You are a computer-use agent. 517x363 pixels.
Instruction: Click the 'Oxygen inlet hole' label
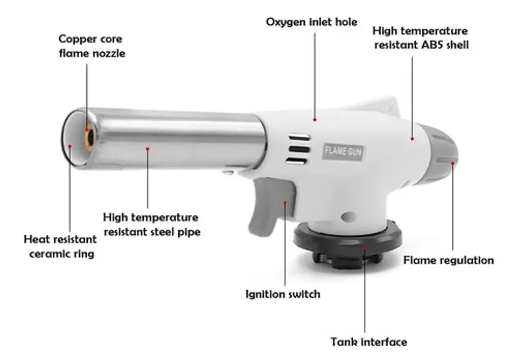(312, 23)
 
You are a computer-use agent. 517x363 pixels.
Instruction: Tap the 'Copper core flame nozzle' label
(92, 46)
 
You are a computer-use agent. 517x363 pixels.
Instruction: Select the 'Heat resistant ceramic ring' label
(60, 246)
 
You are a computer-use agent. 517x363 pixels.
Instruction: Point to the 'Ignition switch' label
(283, 294)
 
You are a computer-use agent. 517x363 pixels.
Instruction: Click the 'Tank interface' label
(369, 342)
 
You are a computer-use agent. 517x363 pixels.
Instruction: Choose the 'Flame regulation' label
(449, 261)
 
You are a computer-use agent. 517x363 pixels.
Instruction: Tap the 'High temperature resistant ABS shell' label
(421, 38)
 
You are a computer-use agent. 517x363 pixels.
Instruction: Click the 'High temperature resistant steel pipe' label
(151, 225)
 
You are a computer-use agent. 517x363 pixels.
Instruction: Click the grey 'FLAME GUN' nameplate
(343, 152)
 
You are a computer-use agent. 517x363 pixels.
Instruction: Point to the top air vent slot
(299, 137)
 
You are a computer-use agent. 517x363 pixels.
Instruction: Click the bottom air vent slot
(296, 160)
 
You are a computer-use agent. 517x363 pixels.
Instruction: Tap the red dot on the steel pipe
(148, 149)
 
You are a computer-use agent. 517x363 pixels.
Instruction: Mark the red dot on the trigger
(285, 203)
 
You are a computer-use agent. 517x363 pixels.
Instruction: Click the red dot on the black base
(365, 247)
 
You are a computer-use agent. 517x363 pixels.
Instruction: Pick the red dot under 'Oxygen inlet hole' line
(315, 120)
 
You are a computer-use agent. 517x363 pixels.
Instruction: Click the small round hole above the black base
(348, 217)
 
